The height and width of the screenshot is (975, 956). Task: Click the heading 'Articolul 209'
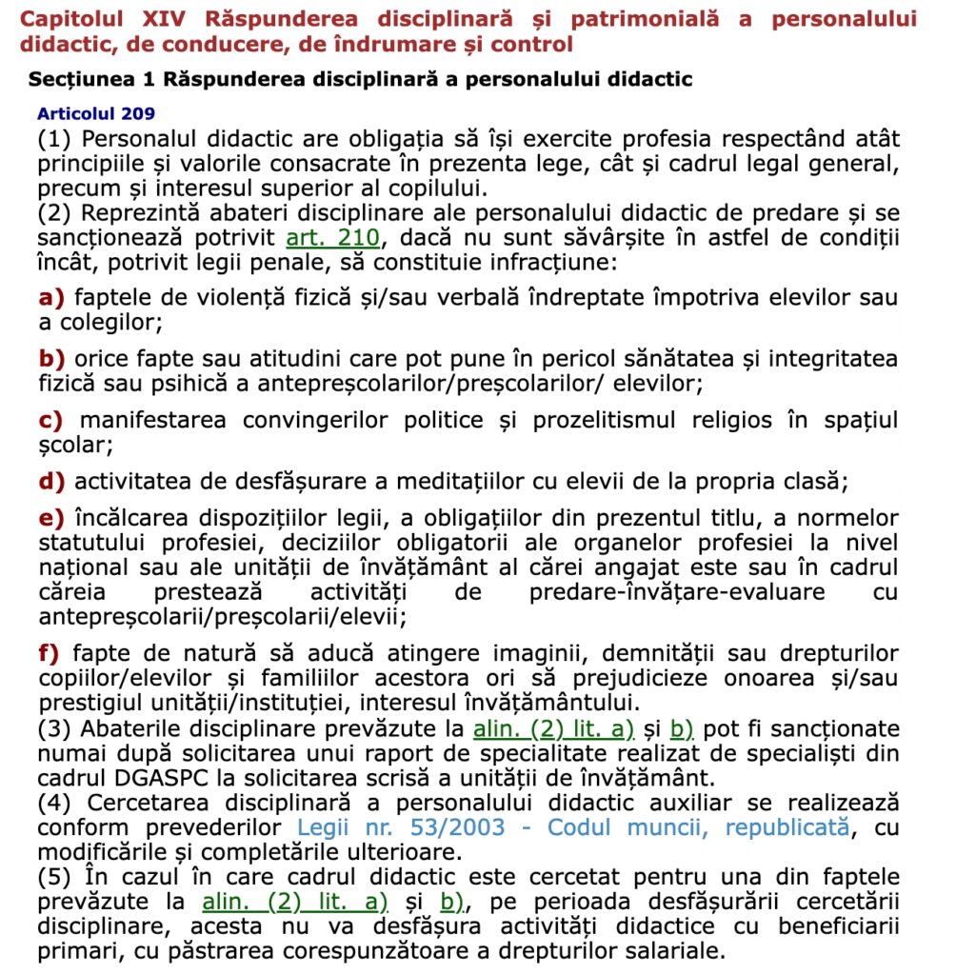[96, 113]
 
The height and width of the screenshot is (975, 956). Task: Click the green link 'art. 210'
[332, 237]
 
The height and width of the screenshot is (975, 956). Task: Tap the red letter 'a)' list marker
[50, 298]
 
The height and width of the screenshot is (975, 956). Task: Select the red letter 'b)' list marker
[50, 359]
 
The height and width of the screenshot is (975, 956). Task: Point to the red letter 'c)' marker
[50, 420]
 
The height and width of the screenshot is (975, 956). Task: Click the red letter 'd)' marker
[50, 481]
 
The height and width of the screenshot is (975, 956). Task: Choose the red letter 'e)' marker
[50, 519]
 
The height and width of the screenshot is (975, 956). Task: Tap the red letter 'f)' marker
[48, 654]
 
